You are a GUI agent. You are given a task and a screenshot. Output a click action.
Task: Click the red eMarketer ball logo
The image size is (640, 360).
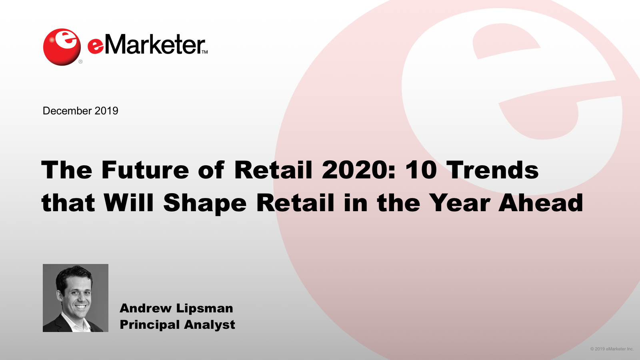tap(62, 47)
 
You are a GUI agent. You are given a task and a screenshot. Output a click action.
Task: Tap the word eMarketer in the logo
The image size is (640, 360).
tap(146, 44)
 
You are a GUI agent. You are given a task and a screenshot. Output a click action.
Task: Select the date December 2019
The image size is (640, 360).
tap(80, 111)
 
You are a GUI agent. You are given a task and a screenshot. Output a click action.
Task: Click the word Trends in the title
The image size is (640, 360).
tap(492, 170)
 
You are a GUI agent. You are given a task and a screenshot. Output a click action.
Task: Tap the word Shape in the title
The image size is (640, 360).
tap(204, 204)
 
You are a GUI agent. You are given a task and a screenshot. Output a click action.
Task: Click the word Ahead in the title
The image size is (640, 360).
tap(541, 202)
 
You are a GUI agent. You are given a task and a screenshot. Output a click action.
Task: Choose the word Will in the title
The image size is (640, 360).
tap(128, 202)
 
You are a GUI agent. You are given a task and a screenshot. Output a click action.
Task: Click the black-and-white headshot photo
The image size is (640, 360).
tap(76, 298)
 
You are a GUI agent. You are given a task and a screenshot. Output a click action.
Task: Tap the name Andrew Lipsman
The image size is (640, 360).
tap(176, 308)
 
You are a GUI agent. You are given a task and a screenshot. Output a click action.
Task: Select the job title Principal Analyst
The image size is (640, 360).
tap(178, 325)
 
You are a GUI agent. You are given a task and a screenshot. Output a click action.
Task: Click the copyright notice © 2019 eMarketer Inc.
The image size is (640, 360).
tap(612, 349)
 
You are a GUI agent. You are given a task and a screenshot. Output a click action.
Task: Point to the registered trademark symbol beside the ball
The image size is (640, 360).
tap(80, 62)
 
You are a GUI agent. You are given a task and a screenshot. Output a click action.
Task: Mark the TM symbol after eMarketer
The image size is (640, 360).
tap(204, 52)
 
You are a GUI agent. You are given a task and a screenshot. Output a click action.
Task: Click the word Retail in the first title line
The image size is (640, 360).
tap(273, 170)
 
